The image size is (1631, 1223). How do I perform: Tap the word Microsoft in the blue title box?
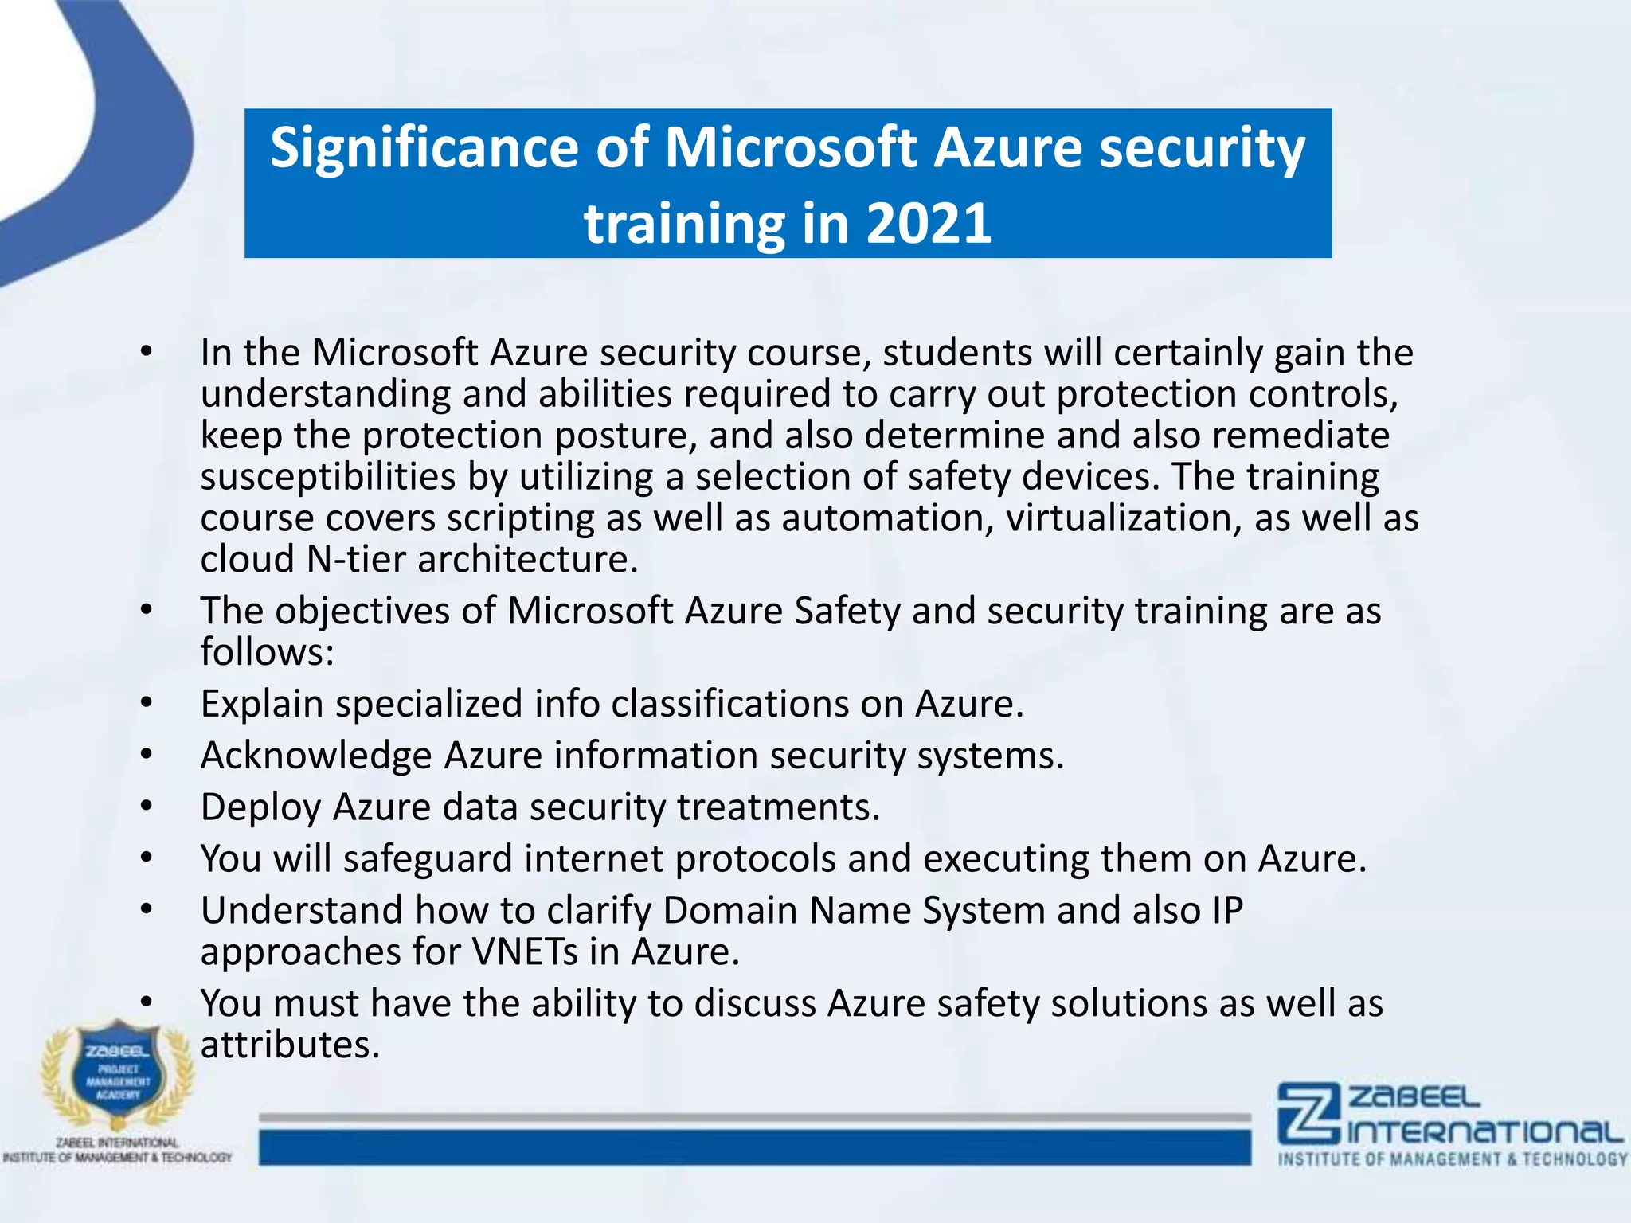tap(790, 148)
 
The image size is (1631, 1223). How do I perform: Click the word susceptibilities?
tap(327, 477)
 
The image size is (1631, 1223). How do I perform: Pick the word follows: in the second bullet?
tap(267, 652)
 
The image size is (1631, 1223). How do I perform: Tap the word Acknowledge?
tap(316, 756)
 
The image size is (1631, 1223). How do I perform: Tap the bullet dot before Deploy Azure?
tap(146, 807)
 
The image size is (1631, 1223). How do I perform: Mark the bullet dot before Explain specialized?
tap(146, 704)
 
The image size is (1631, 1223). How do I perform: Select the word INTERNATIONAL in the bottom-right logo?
tap(1486, 1131)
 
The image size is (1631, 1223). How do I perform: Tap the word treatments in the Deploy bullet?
tap(778, 807)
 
